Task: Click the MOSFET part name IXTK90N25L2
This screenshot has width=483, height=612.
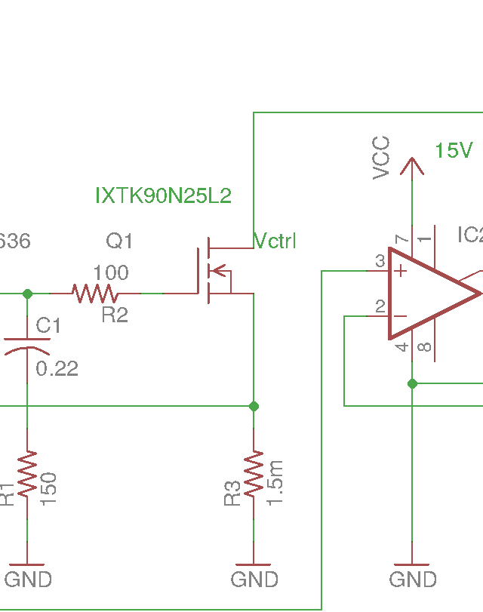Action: click(x=163, y=196)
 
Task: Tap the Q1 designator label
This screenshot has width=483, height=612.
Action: click(x=119, y=241)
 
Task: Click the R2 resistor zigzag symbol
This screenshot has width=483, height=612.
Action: click(x=94, y=293)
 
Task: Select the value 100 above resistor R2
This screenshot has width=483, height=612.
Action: click(x=110, y=272)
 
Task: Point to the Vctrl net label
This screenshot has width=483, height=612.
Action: click(x=275, y=241)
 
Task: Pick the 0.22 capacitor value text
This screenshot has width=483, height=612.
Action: click(x=57, y=369)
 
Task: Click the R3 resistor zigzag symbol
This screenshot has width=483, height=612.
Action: click(x=254, y=474)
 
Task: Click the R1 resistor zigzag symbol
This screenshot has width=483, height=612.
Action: click(x=27, y=474)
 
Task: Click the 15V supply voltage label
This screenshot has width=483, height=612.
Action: click(x=453, y=151)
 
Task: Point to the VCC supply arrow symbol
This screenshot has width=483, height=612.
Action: click(x=412, y=165)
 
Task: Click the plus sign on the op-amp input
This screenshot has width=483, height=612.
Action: click(x=400, y=270)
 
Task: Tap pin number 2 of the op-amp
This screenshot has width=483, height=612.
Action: click(x=380, y=306)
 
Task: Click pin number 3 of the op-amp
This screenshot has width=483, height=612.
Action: click(x=380, y=261)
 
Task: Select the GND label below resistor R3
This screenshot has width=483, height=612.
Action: click(x=254, y=580)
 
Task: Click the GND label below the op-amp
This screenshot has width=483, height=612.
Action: click(x=413, y=580)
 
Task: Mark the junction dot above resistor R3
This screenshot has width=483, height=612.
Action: click(x=254, y=406)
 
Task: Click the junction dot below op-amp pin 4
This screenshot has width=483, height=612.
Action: click(x=412, y=383)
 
